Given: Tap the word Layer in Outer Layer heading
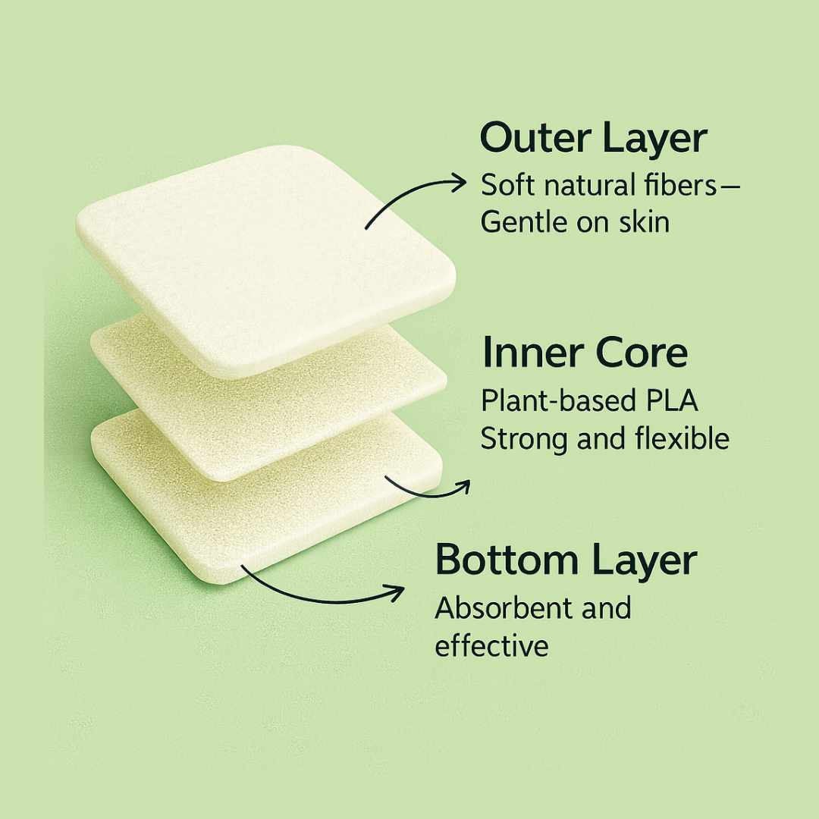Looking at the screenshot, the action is tap(654, 140).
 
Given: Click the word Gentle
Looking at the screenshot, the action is tap(525, 222).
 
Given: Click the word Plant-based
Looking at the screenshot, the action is tap(558, 401).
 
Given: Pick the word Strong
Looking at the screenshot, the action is tap(523, 438).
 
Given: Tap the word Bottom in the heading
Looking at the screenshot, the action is tap(507, 560).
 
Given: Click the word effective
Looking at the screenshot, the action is tap(491, 645).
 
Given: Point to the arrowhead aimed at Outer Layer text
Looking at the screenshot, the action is tap(459, 183).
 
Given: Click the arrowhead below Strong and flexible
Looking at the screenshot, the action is tap(463, 488).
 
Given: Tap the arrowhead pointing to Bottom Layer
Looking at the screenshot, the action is tap(396, 592).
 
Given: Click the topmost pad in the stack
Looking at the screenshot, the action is tap(266, 261).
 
